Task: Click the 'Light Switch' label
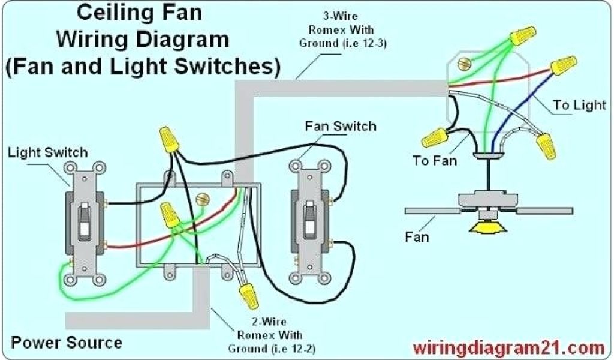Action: point(47,153)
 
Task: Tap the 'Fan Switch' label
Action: point(341,126)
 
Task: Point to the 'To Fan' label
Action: point(434,161)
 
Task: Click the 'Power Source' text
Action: point(67,343)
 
